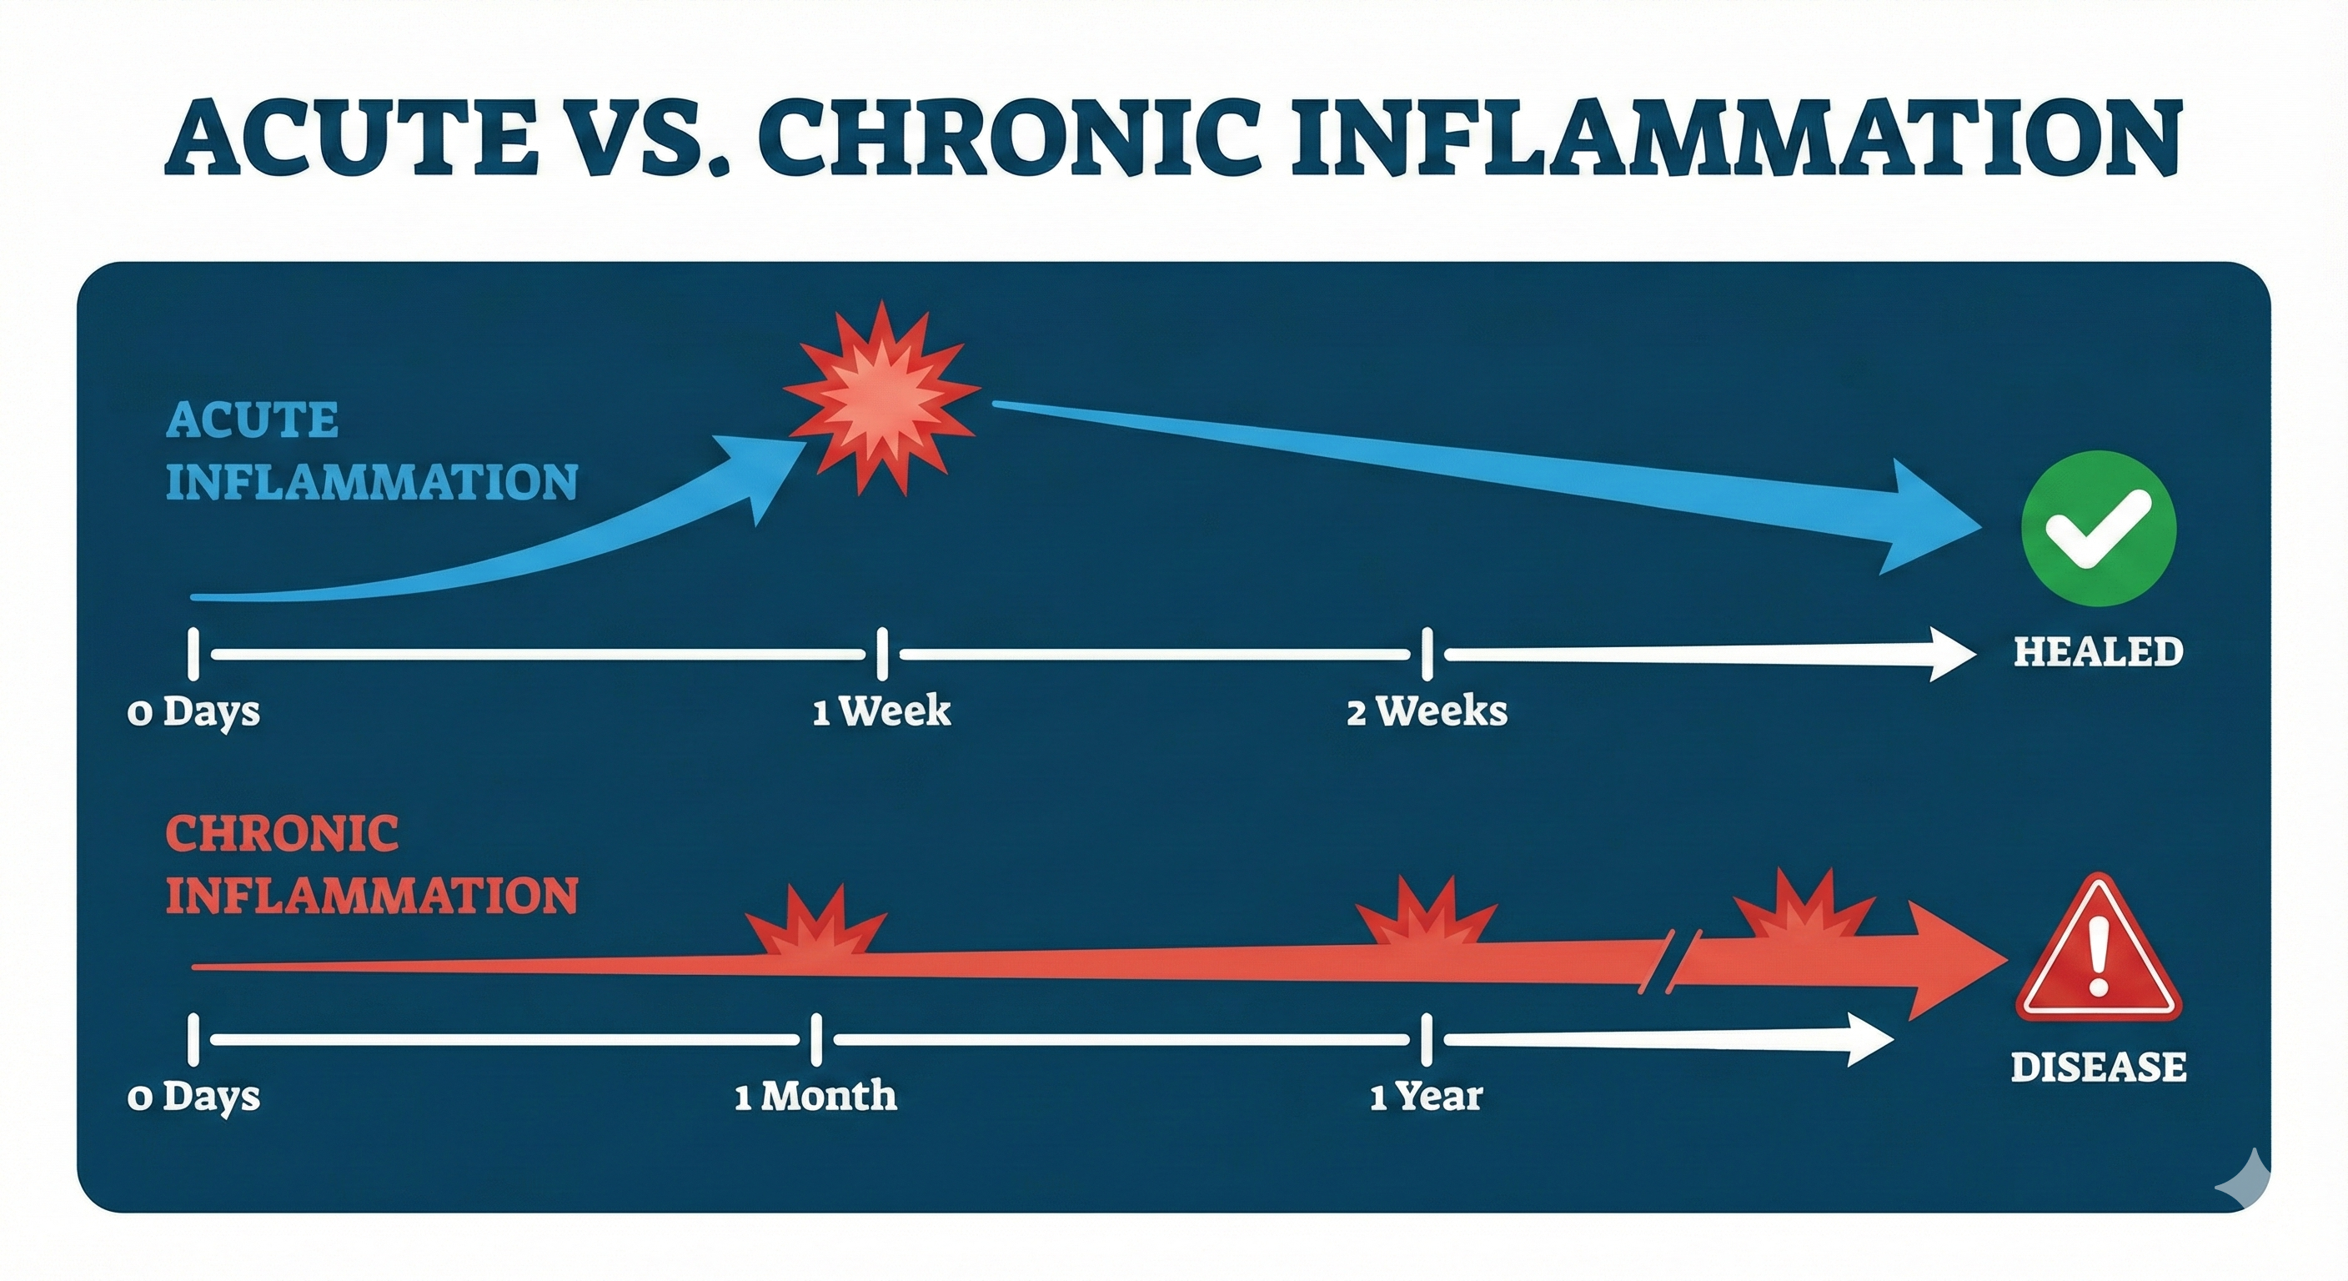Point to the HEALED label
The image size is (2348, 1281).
pos(2097,651)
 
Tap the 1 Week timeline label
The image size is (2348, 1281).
pos(881,711)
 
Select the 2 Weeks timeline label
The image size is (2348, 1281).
pos(1427,711)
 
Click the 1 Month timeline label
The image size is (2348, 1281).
pos(815,1095)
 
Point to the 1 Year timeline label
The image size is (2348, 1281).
pos(1426,1095)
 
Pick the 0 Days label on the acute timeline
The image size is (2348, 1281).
pos(193,711)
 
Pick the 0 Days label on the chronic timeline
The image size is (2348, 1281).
pos(193,1095)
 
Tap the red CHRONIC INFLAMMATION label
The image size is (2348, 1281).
pos(371,864)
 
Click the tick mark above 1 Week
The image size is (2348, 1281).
pos(881,654)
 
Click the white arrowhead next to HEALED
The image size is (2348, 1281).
pos(1950,654)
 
